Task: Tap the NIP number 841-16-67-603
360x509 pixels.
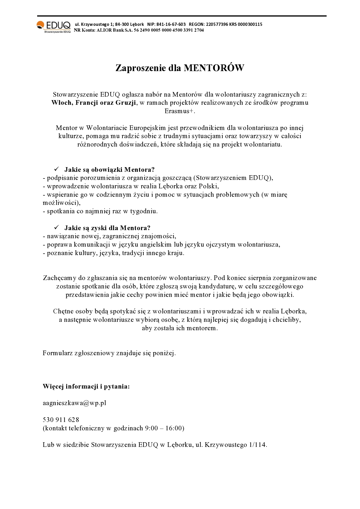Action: coord(171,24)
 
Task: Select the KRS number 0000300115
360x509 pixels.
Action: coord(250,24)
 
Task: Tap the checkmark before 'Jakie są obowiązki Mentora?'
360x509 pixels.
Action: coord(57,169)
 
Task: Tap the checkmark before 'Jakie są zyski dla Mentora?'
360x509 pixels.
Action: coord(57,228)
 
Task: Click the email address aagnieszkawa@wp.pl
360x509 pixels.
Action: coord(74,403)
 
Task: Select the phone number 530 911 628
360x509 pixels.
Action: coord(61,420)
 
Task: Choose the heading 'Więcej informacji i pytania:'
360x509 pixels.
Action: coord(86,387)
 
